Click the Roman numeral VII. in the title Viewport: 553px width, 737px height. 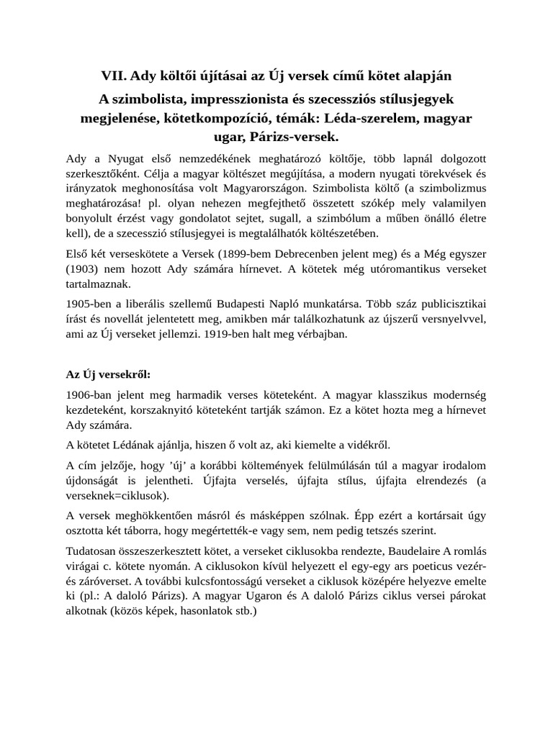coord(114,75)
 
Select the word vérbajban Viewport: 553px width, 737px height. coord(324,335)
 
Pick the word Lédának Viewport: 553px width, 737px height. coord(142,446)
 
